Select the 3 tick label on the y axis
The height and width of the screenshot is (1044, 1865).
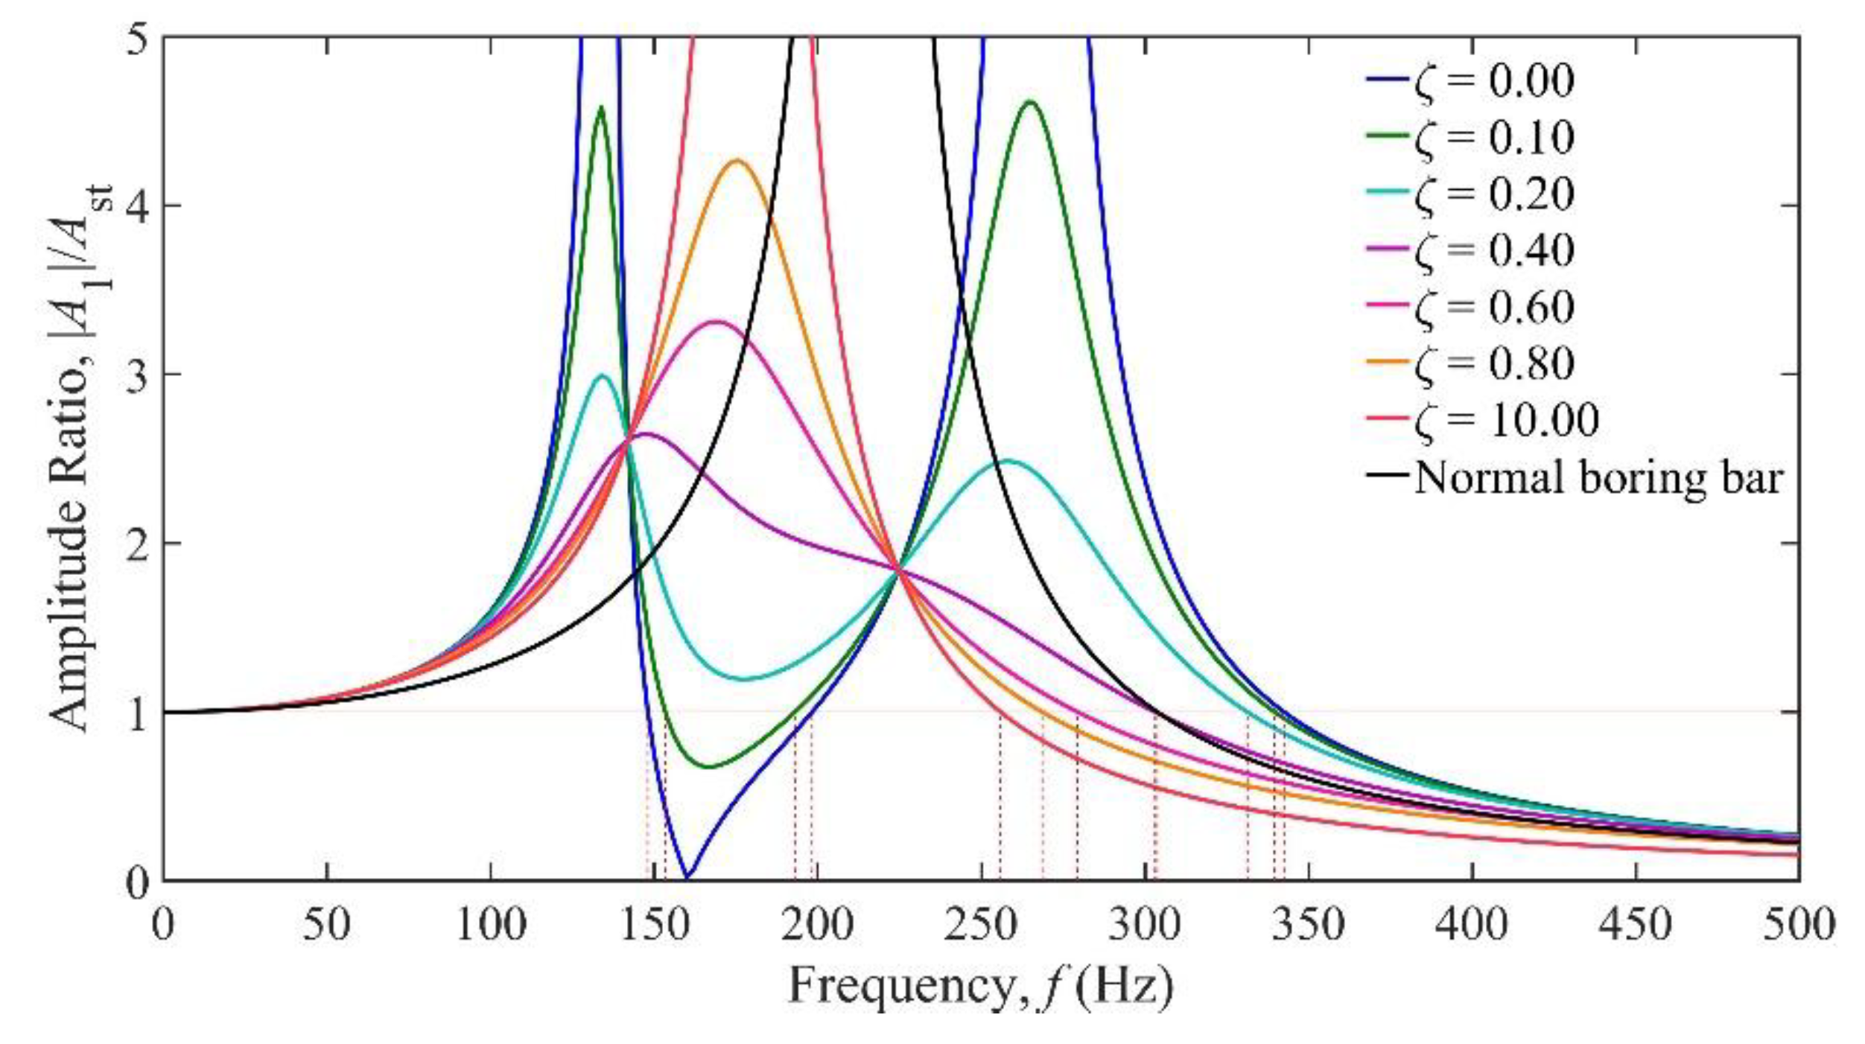136,375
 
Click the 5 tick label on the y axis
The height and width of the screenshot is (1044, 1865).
136,37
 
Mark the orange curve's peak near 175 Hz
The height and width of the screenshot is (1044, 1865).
737,160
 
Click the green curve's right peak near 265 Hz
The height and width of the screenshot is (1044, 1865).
1030,102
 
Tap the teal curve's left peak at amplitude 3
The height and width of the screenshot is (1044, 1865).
603,375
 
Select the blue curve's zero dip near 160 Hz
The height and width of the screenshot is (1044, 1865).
687,877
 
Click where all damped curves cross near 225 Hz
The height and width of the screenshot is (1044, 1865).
899,570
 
